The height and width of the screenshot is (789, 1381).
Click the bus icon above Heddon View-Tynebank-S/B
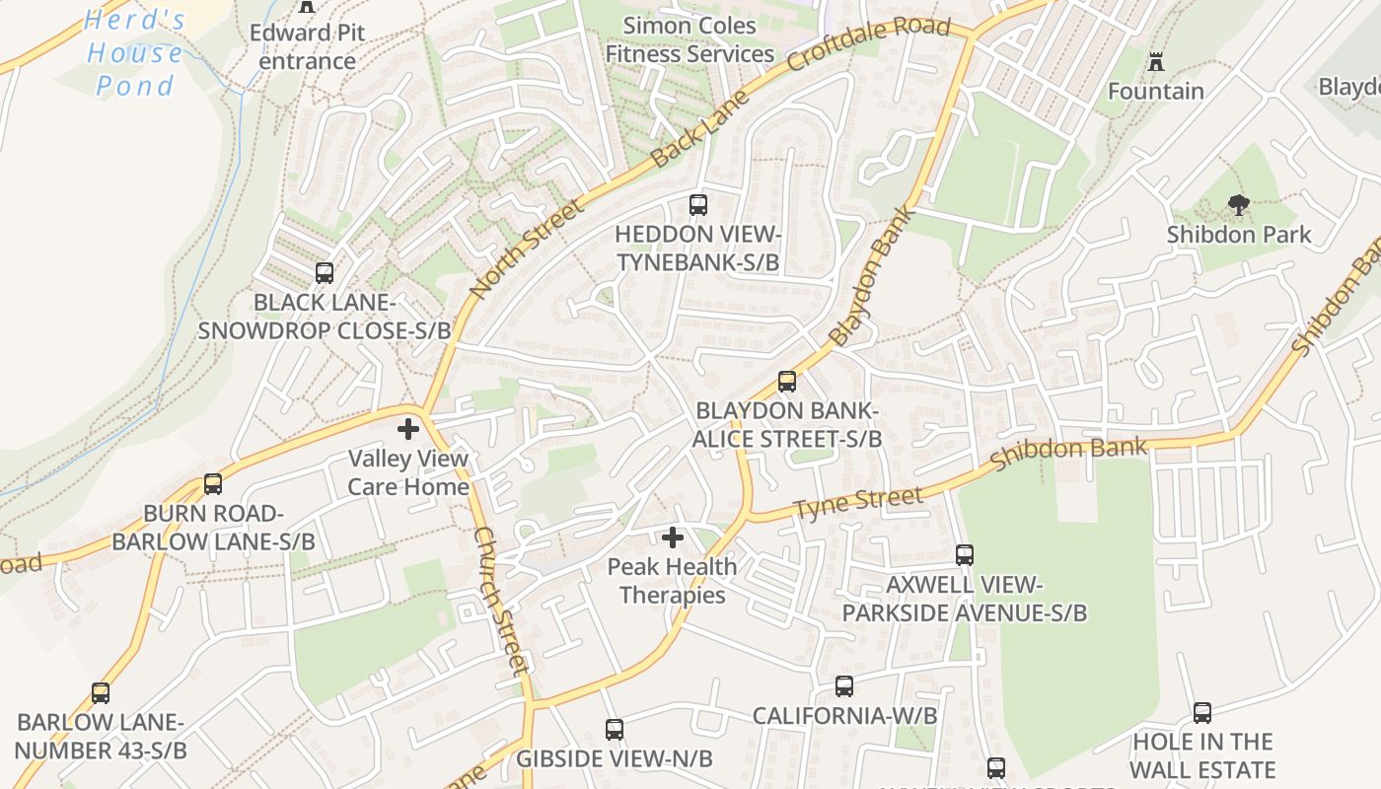(x=698, y=205)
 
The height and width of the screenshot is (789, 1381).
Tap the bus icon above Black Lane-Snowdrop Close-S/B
(x=325, y=273)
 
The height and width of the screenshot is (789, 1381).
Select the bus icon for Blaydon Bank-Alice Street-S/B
(x=787, y=382)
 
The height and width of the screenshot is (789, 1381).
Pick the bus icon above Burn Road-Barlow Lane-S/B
(x=213, y=484)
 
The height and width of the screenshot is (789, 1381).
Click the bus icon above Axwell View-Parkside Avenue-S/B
(x=965, y=555)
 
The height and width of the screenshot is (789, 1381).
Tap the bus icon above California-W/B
(x=844, y=686)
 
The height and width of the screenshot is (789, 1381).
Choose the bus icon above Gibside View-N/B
(x=615, y=730)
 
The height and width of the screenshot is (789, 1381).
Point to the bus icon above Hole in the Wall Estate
(x=1202, y=713)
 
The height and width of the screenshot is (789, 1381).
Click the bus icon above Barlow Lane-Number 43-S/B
(x=101, y=693)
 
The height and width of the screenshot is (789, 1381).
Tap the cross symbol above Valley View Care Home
(x=408, y=429)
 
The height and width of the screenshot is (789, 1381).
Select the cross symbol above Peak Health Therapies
(x=673, y=538)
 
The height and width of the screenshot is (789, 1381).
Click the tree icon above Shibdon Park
(x=1239, y=205)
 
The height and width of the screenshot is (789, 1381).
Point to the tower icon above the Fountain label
(x=1156, y=62)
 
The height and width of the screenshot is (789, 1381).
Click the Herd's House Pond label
(x=135, y=53)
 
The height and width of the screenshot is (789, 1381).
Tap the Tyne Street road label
(x=857, y=504)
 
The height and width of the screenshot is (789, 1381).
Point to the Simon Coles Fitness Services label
(x=690, y=39)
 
